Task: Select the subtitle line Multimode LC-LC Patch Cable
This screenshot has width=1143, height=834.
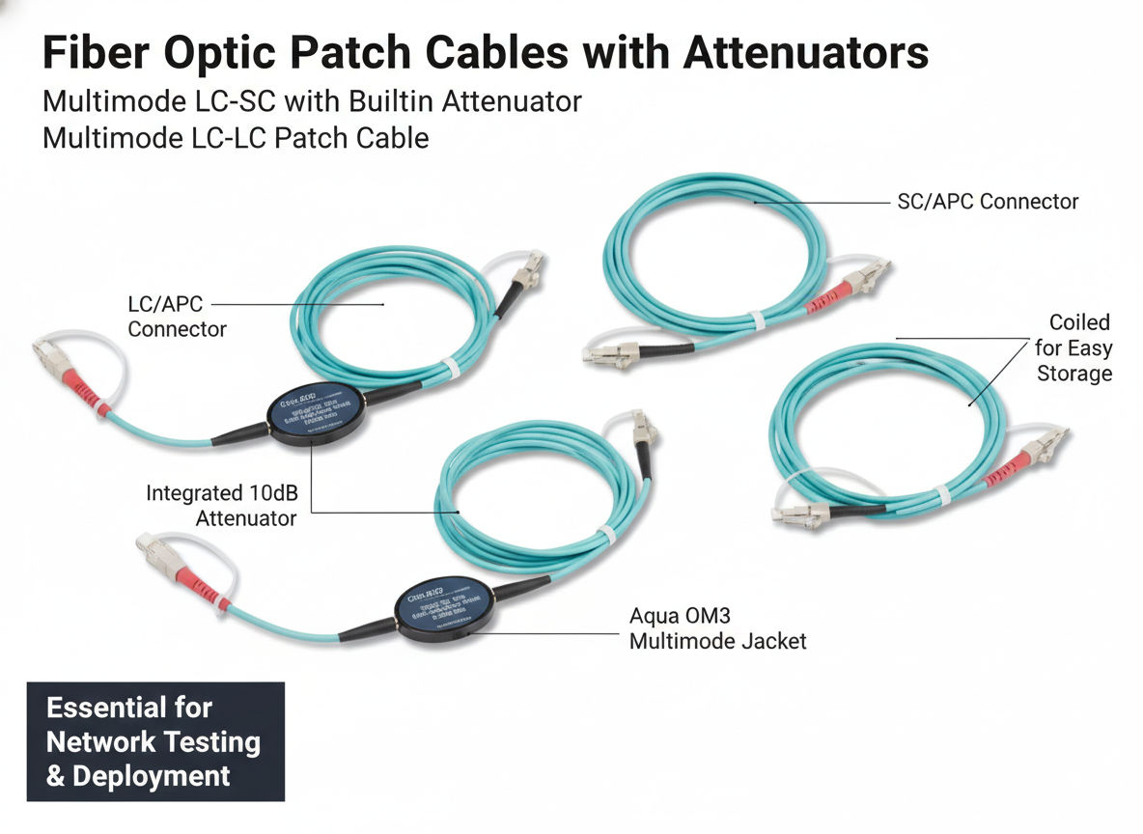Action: [236, 138]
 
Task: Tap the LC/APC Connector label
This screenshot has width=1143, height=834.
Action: [177, 317]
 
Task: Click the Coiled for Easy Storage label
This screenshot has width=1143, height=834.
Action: [1074, 347]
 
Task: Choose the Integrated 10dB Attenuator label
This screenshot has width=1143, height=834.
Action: [222, 506]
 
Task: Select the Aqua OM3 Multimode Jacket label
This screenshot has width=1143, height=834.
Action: [717, 627]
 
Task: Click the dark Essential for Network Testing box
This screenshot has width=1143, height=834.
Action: [155, 741]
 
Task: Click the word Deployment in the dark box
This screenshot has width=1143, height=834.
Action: [152, 775]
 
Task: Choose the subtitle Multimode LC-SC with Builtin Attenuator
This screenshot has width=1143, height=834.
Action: [312, 101]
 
